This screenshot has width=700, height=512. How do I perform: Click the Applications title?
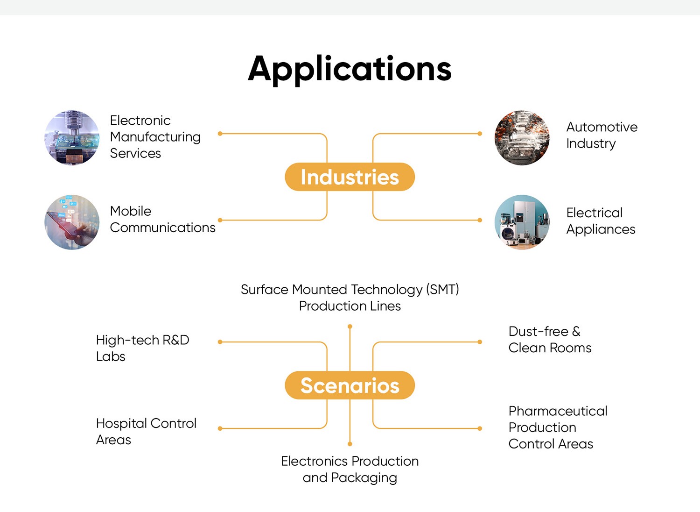[350, 70]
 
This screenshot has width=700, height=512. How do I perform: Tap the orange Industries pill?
[350, 177]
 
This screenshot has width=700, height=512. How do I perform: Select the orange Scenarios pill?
[350, 385]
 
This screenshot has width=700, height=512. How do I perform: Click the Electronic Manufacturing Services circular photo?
[72, 138]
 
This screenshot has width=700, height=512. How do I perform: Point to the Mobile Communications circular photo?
[72, 222]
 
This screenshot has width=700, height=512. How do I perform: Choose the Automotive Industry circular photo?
[522, 138]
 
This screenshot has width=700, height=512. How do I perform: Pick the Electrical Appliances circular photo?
[522, 222]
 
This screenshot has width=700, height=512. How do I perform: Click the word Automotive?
[602, 127]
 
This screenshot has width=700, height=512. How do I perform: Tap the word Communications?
[162, 228]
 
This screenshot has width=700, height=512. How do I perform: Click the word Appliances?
[601, 230]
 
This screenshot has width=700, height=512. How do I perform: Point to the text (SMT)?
[442, 290]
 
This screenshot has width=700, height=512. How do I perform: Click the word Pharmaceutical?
[558, 411]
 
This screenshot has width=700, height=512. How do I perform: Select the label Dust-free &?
[545, 331]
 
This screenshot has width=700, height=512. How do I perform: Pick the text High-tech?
[127, 340]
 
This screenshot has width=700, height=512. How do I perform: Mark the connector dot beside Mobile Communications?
[220, 220]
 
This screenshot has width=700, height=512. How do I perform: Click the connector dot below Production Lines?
[350, 327]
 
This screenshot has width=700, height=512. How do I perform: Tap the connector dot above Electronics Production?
[350, 444]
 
